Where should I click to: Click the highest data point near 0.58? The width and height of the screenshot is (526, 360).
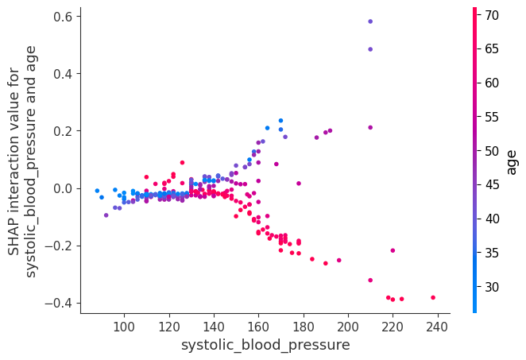[370, 21]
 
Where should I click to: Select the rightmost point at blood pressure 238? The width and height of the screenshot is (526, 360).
[433, 298]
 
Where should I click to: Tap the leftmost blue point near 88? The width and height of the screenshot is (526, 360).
[97, 191]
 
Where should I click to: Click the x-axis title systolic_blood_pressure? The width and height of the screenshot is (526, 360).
[265, 345]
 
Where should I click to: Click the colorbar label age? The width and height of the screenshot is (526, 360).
[512, 161]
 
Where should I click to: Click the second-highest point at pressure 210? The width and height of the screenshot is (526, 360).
[370, 49]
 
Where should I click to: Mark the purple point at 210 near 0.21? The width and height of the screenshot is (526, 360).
[370, 127]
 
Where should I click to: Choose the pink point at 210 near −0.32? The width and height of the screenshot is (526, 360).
[370, 280]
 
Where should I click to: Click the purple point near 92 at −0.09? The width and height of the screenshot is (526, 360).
[106, 215]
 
